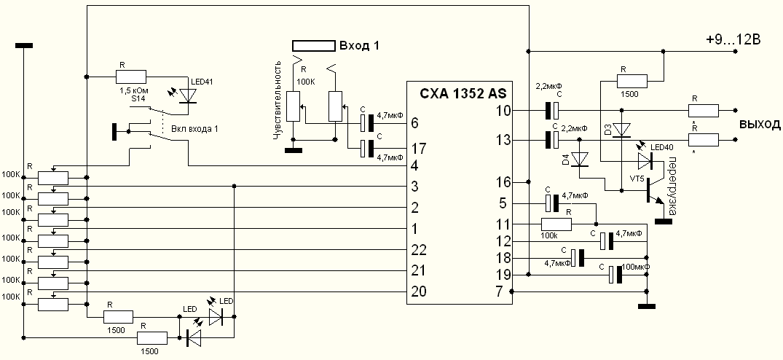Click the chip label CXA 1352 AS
tap(463, 93)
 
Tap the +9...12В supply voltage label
tap(733, 40)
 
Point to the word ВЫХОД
tap(760, 124)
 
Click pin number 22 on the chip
tap(418, 250)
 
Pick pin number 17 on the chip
tap(418, 149)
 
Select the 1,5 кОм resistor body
tap(131, 75)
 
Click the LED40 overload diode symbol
tap(645, 160)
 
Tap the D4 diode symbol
tap(581, 159)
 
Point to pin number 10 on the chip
tap(502, 111)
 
